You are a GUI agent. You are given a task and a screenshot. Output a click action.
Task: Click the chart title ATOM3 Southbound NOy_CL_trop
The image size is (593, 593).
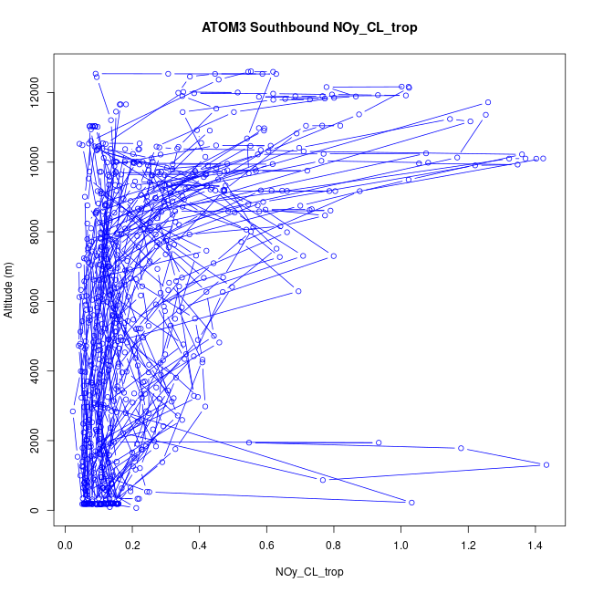click(x=310, y=28)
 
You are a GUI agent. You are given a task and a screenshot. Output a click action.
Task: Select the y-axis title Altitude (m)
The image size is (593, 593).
click(x=9, y=288)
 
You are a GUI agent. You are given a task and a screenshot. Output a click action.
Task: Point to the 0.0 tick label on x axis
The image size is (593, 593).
click(x=66, y=546)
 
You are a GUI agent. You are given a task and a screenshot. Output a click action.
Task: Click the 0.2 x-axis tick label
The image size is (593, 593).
click(x=132, y=546)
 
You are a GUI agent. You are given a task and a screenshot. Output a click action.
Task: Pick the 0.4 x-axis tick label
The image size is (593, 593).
click(x=200, y=546)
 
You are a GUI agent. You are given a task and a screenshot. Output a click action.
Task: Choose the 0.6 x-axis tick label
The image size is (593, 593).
click(x=267, y=546)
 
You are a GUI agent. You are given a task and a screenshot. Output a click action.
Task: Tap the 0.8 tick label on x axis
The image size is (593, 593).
click(x=334, y=546)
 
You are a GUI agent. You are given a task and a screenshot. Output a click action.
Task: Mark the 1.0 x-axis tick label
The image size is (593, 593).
click(x=401, y=546)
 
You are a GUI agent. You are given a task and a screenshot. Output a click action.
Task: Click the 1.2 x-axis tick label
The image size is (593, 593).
click(x=469, y=546)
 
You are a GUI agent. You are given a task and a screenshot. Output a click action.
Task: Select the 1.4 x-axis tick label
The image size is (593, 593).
click(x=536, y=546)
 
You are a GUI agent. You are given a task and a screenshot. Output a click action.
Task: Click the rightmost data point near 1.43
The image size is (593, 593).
click(x=546, y=465)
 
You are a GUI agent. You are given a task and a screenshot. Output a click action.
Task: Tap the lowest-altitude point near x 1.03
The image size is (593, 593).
click(x=411, y=503)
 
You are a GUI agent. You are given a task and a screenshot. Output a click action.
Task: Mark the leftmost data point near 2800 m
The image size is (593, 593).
click(x=73, y=411)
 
